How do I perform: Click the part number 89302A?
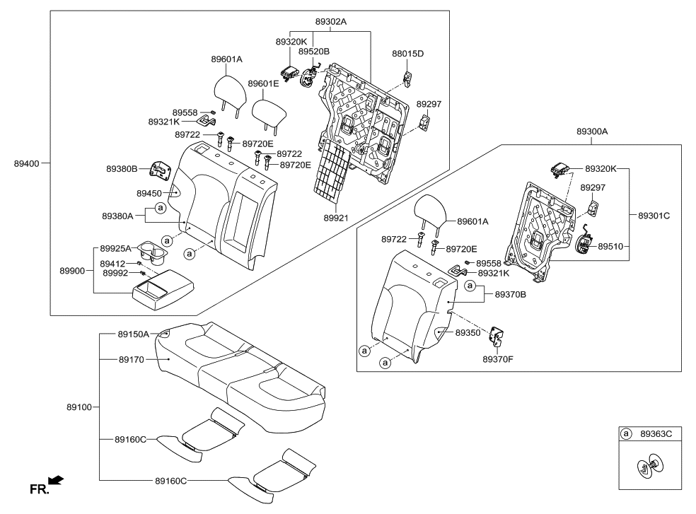point(330,22)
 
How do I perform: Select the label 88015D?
point(407,54)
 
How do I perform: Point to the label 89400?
point(27,163)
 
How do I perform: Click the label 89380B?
point(122,169)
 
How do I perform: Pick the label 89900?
point(73,271)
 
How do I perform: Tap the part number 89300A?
point(592,132)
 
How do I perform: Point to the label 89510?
point(611,247)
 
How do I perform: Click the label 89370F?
point(499,359)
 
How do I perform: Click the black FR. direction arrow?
point(56,481)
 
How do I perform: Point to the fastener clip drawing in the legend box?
point(650,467)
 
